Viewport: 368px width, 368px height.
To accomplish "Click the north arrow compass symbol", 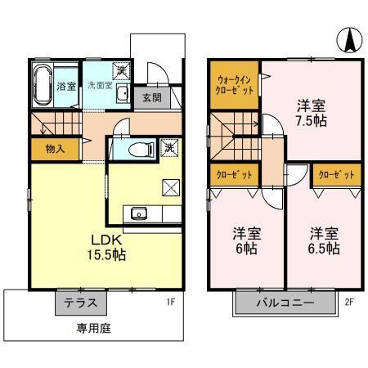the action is coord(350,40).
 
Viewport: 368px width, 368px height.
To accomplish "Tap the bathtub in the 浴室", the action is coord(43,85).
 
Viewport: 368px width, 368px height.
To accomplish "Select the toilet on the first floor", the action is coord(141,150).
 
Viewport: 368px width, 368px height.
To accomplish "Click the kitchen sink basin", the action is coord(139,213).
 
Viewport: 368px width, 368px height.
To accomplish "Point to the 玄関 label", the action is coord(152,97).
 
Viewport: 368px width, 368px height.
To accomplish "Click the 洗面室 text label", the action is coord(100,85).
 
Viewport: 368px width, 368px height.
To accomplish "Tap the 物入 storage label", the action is coord(56,149).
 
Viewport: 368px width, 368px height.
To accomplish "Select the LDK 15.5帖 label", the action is coord(106,248).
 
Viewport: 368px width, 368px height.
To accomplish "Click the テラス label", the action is coord(81,303).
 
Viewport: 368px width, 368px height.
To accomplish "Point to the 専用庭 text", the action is coord(93,328).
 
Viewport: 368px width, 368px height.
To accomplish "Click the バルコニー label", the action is coord(285,303).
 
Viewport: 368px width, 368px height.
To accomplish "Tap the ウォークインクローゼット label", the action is coord(235,85).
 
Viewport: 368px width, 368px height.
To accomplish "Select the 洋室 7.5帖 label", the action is coord(312,114).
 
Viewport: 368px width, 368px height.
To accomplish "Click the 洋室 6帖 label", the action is coord(247,240).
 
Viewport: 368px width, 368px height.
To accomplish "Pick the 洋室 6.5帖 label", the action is coord(324,240).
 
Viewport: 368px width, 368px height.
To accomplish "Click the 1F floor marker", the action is coord(171,302).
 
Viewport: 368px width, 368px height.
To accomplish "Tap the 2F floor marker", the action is coord(349,302).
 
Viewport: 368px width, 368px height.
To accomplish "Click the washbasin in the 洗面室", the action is coord(123,93).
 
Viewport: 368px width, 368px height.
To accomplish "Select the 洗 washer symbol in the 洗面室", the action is coord(121,71).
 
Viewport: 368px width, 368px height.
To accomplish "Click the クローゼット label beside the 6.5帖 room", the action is coord(336,174).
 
